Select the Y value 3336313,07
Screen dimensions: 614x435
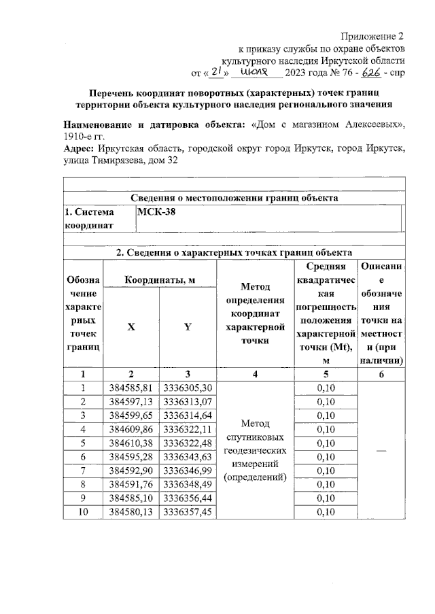[187, 402]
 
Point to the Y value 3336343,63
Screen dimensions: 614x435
[187, 456]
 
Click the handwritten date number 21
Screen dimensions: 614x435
[217, 71]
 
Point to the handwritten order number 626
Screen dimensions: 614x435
[370, 71]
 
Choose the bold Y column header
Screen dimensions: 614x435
[187, 327]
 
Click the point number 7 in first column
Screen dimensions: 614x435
[82, 470]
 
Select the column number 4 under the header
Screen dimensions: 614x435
[254, 373]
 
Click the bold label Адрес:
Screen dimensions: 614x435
[78, 148]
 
